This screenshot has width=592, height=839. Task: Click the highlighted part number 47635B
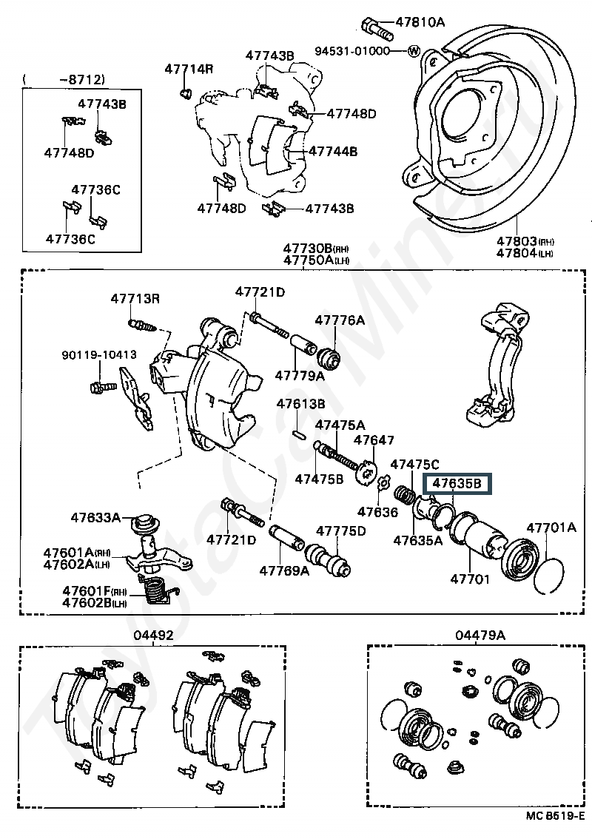pos(457,484)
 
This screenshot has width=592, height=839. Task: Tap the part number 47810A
pos(420,22)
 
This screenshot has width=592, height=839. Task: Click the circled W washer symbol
pos(414,51)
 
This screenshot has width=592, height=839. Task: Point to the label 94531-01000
pos(352,51)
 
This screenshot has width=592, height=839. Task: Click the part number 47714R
pos(189,69)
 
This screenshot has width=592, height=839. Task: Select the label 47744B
pos(333,152)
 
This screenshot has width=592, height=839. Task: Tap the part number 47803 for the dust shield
pos(517,241)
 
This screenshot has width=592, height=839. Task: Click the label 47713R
pos(135,298)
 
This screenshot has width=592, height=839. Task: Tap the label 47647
pos(374,439)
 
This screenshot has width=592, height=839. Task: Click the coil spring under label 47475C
pos(404,494)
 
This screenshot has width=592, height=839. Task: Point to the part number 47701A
pos(551,528)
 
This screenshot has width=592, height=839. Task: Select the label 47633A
pos(95,517)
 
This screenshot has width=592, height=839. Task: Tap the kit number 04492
pos(154,635)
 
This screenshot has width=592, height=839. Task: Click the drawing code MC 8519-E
pos(554,830)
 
